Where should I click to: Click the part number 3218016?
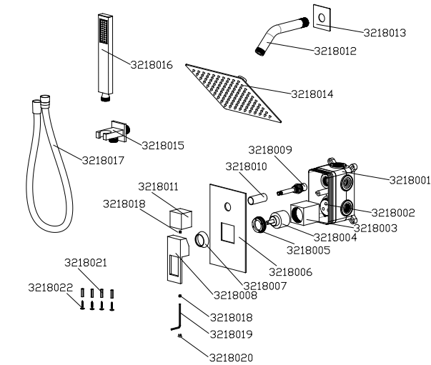coord(151,64)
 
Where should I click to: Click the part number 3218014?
coord(312,94)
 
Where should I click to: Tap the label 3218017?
coord(103,160)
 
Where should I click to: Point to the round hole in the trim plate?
coord(227,207)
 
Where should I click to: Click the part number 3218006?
coord(289,271)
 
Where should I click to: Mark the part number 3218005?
coord(307,250)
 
